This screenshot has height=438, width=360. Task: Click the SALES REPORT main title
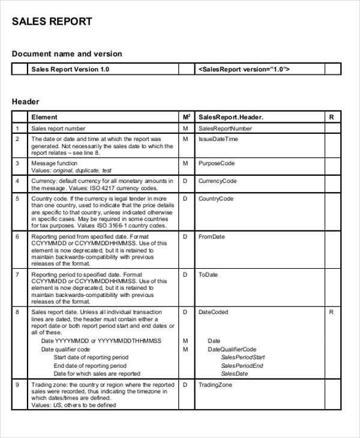[52, 22]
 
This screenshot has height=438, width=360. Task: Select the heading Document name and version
[67, 54]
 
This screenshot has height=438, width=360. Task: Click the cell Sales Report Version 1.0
[70, 70]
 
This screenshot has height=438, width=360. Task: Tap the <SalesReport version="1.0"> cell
[244, 70]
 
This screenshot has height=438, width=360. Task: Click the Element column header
[44, 117]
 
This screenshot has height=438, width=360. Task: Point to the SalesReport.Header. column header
[230, 117]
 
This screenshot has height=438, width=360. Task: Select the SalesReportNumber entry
[225, 128]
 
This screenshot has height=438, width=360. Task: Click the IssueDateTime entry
[218, 139]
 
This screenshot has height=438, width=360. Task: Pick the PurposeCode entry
[216, 163]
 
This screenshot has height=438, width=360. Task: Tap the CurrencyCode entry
[217, 181]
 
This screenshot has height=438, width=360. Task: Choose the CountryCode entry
[216, 199]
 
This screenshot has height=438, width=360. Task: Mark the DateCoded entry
[213, 312]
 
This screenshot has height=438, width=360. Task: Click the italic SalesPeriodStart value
[242, 358]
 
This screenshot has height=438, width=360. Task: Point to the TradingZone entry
[215, 385]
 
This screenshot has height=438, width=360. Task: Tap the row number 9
[17, 385]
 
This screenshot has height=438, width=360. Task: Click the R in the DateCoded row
[331, 312]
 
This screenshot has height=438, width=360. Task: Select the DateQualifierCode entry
[232, 349]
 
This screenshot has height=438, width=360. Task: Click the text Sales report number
[58, 128]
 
